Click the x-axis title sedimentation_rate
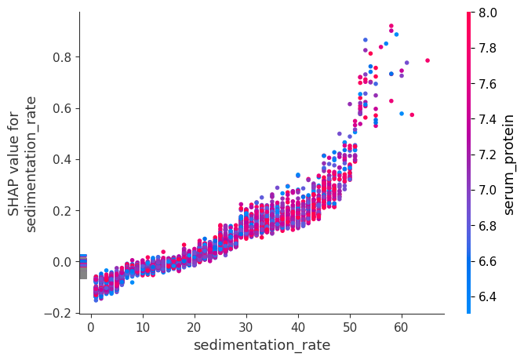262,345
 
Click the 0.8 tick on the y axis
61,57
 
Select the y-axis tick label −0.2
58,314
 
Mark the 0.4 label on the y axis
61,160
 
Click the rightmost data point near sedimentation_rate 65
428,60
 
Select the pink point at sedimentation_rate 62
412,115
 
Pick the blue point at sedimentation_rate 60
402,114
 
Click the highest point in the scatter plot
391,26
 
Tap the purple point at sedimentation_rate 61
407,63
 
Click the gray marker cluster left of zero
83,272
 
